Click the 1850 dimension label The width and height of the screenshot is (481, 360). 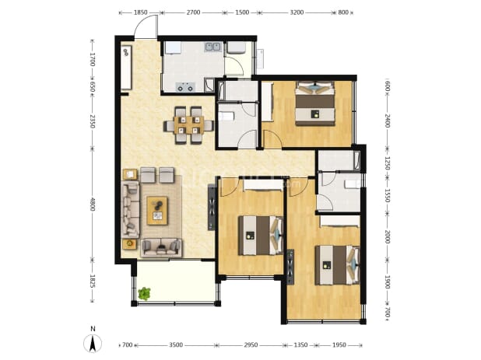tap(141, 12)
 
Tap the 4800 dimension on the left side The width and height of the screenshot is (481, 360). tap(93, 204)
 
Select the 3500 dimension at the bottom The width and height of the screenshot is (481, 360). tap(176, 345)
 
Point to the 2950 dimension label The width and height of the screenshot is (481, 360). tap(251, 345)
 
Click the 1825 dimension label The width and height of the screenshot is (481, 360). tap(93, 281)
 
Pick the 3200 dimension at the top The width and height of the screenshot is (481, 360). tap(297, 12)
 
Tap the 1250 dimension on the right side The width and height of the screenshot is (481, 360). tap(387, 163)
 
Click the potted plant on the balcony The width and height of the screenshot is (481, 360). tap(144, 293)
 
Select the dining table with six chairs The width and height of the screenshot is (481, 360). tap(188, 125)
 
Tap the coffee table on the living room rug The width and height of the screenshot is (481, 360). tap(157, 211)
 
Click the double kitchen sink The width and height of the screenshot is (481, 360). tap(213, 47)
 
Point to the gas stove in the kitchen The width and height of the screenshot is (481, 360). tap(185, 87)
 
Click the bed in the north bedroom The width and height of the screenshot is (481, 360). tap(314, 103)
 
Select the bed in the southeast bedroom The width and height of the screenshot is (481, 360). tap(338, 265)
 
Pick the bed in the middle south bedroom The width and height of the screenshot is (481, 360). tap(261, 236)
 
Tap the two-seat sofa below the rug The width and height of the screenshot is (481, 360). tap(161, 247)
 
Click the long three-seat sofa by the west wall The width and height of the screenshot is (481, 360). tap(131, 209)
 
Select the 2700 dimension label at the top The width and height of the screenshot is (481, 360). tap(193, 12)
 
